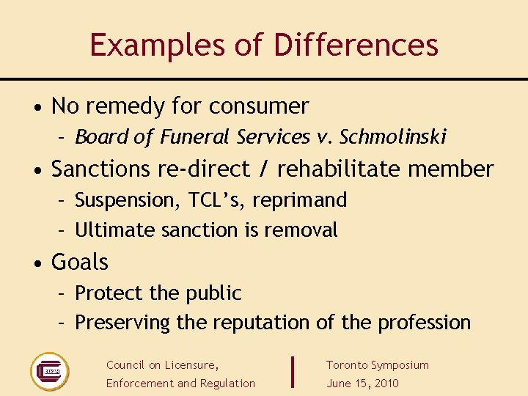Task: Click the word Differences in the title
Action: tap(356, 45)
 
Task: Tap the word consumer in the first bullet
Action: tap(259, 106)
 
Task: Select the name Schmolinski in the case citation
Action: tap(393, 137)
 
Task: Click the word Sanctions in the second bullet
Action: tap(101, 169)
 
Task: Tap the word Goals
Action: tap(80, 263)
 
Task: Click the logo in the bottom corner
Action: tap(49, 371)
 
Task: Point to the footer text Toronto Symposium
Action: tap(377, 365)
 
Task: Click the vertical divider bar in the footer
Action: tap(293, 371)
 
